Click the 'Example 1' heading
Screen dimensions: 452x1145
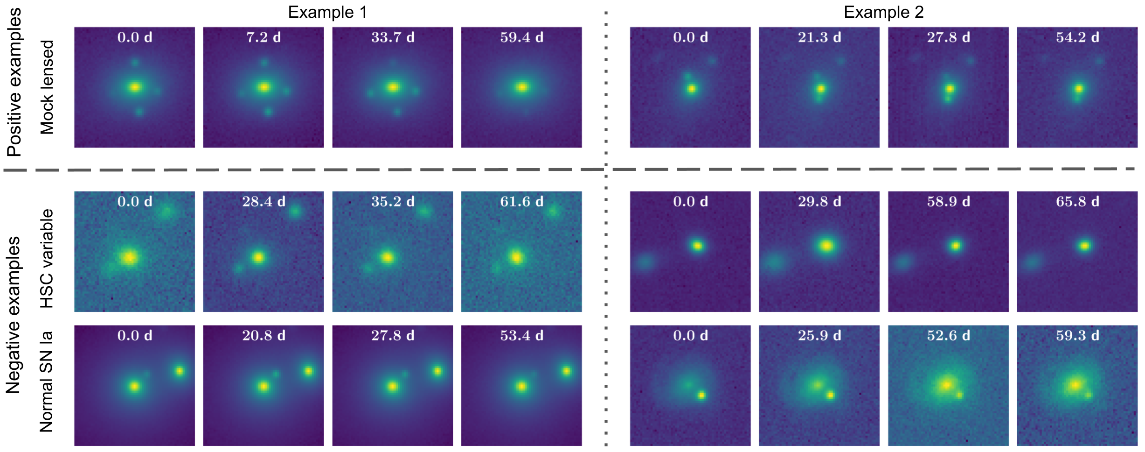tap(327, 12)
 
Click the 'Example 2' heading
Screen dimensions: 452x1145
tap(883, 12)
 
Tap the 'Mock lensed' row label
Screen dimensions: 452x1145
tap(47, 87)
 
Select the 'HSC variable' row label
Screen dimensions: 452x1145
tap(47, 258)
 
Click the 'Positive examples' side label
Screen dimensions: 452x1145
tap(14, 82)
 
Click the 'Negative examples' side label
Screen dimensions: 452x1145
tap(13, 315)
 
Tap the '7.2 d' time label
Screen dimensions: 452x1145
tap(264, 37)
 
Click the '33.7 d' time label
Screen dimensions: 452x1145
tap(393, 37)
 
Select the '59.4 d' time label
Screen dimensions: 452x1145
tap(521, 37)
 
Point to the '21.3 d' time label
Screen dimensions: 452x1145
tap(819, 37)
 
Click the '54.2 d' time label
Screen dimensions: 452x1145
tap(1077, 37)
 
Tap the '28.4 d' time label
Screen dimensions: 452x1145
tap(264, 202)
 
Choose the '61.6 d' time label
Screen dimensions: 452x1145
tap(521, 202)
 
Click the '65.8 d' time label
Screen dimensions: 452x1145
tap(1077, 202)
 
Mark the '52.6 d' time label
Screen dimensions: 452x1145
tap(948, 336)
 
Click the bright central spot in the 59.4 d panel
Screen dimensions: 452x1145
tap(521, 87)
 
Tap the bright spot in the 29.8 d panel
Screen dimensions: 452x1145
tap(826, 246)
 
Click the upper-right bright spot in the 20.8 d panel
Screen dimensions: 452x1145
tap(308, 371)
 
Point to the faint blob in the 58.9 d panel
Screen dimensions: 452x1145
tap(903, 262)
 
